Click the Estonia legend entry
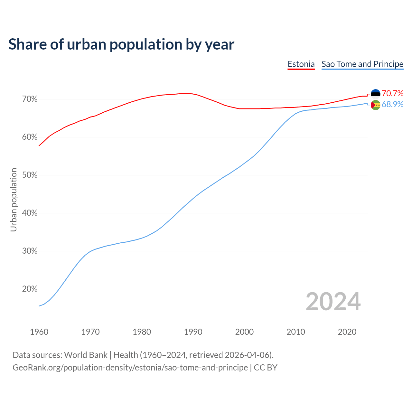[x=301, y=64]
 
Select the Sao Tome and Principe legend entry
[x=362, y=64]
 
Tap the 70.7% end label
[x=392, y=93]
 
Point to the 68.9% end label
[x=392, y=105]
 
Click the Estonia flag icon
[x=376, y=93]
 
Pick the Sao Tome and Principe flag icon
[x=376, y=105]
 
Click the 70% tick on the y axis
[x=30, y=99]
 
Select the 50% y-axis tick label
[x=30, y=175]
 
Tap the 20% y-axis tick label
[x=30, y=289]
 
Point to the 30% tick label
[x=30, y=251]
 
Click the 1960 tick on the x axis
[x=39, y=332]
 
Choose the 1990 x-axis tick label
[x=193, y=332]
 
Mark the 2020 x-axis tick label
[x=347, y=332]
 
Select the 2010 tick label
[x=296, y=332]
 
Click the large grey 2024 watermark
[x=333, y=302]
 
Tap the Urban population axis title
[x=14, y=200]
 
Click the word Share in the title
[x=27, y=44]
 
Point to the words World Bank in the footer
[x=86, y=355]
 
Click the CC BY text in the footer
[x=266, y=368]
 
